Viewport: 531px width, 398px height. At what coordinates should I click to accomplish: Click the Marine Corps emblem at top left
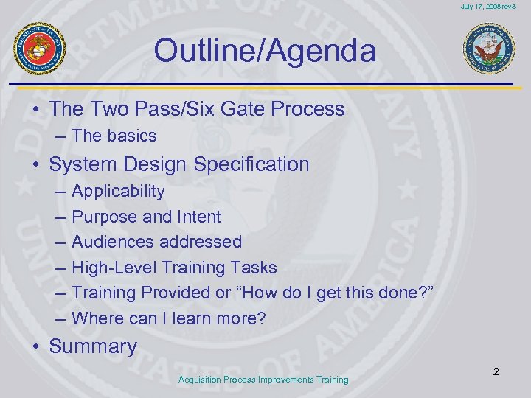pos(41,49)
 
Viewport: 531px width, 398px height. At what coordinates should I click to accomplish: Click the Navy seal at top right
pos(489,49)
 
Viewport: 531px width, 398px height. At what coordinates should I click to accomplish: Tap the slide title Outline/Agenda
pos(265,51)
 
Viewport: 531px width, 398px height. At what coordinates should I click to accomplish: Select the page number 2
pos(496,371)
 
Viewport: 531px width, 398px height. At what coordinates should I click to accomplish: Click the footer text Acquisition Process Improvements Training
pos(263,380)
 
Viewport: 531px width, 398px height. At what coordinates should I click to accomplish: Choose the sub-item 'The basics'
pos(114,136)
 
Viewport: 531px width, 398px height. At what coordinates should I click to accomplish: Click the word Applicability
pos(118,192)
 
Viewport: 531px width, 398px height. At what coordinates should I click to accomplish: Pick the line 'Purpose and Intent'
pos(146,217)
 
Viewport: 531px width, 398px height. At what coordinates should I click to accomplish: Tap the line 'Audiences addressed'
pos(156,242)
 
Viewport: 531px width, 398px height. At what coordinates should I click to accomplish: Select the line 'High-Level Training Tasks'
pos(174,268)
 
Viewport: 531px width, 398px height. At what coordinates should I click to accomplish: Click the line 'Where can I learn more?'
pos(169,318)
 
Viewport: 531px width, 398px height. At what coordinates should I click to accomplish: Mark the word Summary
pos(93,346)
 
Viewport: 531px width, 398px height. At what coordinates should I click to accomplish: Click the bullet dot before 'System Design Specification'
pos(35,164)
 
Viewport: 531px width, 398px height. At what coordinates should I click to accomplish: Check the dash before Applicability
pos(59,192)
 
